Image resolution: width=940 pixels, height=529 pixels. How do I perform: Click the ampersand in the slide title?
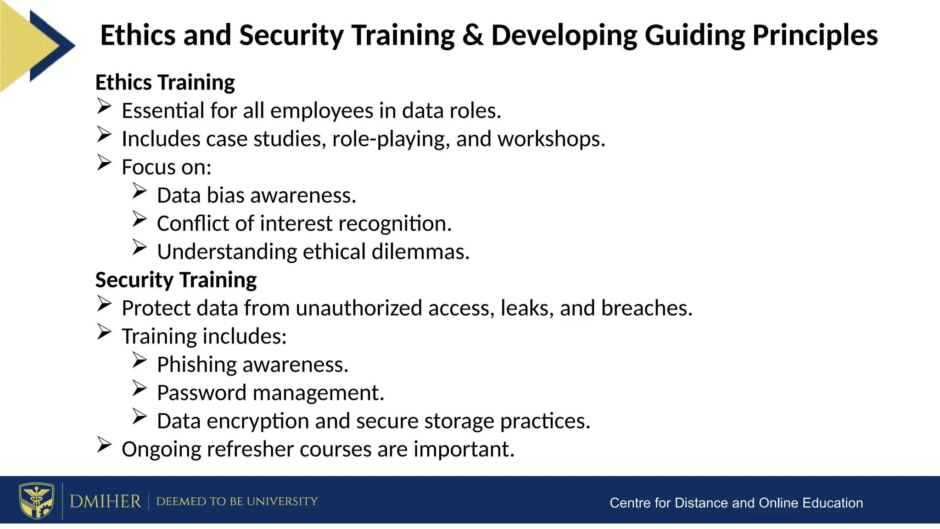(x=472, y=35)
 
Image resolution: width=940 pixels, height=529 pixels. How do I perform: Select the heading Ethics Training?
(x=165, y=83)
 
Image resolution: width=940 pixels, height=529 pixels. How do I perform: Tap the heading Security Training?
(x=176, y=280)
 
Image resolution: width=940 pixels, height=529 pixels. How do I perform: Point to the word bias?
(x=225, y=196)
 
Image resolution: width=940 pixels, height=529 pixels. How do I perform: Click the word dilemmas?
(x=420, y=252)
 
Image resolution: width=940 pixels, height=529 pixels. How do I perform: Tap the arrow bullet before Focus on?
(x=104, y=163)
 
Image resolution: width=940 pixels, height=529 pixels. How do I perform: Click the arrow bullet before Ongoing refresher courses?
(x=104, y=445)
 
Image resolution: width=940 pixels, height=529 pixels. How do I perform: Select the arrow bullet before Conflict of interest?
(x=140, y=219)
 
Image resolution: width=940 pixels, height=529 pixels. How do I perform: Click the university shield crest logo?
(x=36, y=501)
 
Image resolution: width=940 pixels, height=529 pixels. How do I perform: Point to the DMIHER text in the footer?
(x=105, y=501)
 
